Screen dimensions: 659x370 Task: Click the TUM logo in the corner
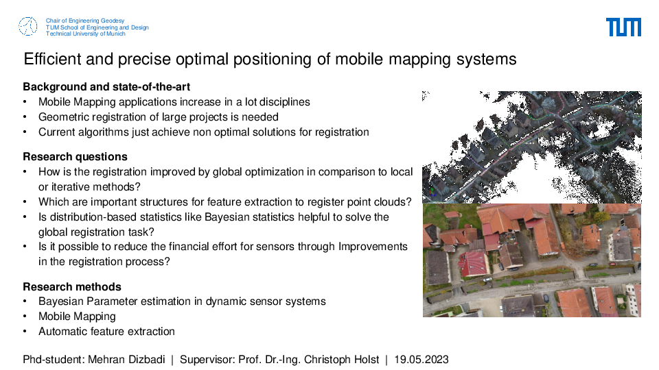click(623, 27)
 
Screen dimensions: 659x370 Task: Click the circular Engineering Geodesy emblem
click(27, 27)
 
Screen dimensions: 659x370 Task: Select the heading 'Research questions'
click(76, 157)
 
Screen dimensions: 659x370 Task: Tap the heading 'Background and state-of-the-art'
click(106, 87)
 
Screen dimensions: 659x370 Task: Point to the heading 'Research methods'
click(72, 287)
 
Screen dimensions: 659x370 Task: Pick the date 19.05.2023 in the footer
click(421, 360)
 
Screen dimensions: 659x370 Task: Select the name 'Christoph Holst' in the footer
click(341, 360)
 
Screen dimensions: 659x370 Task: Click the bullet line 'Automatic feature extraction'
click(107, 332)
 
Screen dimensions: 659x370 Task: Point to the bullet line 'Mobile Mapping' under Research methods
click(77, 317)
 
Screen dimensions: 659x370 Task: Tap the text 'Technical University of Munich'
click(86, 34)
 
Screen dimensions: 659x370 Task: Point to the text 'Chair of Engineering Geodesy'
click(85, 21)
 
